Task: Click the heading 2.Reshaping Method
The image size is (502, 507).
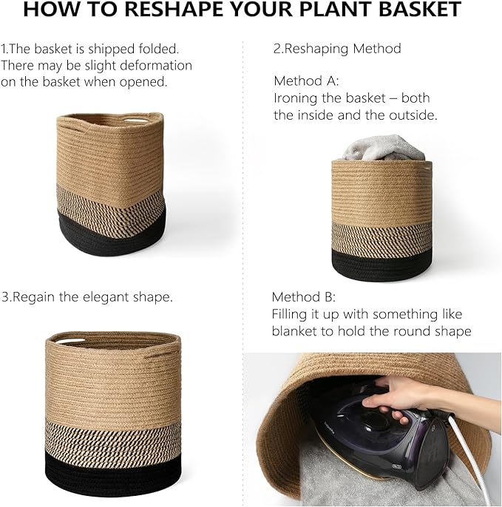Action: (337, 49)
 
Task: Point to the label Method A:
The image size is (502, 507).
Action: (306, 81)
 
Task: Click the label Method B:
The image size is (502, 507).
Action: (304, 297)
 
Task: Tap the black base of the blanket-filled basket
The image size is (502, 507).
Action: (381, 265)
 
